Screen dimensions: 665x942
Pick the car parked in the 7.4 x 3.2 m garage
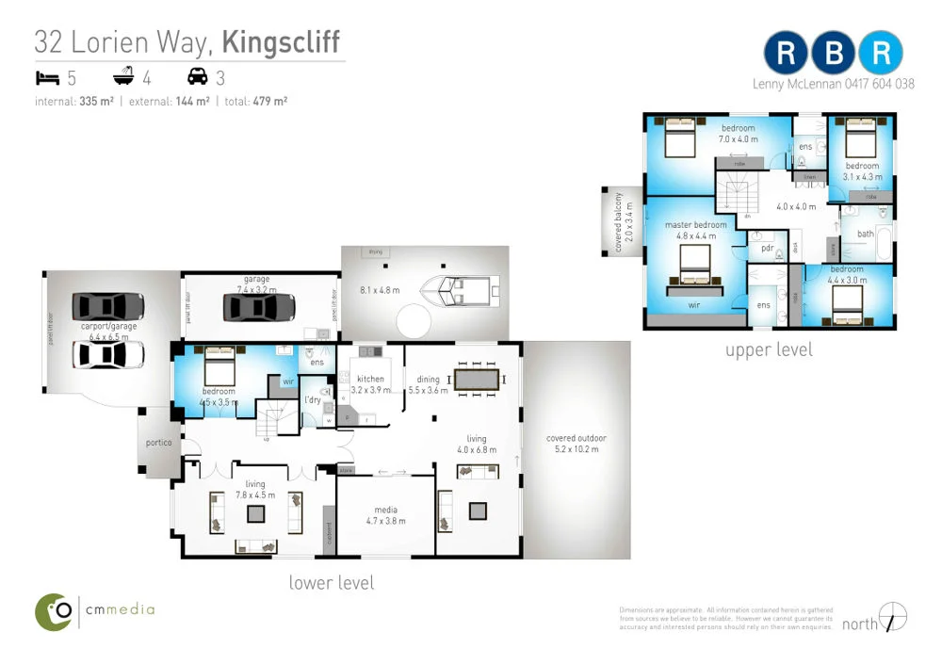[259, 307]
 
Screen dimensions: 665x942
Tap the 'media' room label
[386, 511]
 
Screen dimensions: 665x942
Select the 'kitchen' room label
[369, 379]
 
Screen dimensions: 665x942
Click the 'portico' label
[157, 443]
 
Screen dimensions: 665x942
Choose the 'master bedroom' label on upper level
[695, 225]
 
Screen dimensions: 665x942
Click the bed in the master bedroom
[695, 268]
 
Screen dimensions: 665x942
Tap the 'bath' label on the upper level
[865, 235]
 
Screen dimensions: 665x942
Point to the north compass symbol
[892, 617]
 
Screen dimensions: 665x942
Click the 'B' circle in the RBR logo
[834, 54]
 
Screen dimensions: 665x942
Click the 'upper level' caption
[768, 349]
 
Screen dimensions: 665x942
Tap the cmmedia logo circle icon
[54, 611]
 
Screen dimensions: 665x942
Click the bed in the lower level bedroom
[219, 364]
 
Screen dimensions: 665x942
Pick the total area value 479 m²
[269, 101]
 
